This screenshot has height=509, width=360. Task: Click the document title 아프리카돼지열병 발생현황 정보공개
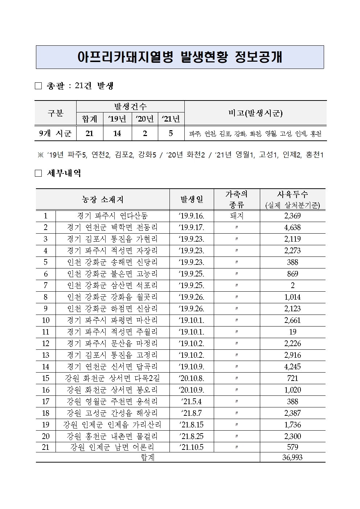coord(180,57)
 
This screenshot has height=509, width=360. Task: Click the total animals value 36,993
coord(292,457)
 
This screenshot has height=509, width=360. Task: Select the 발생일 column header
coord(192,199)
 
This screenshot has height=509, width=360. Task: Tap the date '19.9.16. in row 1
coord(192,216)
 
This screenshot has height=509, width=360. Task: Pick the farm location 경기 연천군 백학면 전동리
coord(112,227)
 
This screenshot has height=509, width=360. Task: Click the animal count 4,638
coord(292,227)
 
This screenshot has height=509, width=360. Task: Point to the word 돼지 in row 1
coord(237,216)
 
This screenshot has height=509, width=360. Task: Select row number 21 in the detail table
coord(45,447)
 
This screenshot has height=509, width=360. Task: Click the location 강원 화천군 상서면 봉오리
coord(112,390)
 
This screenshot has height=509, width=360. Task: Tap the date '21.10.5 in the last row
coord(192,447)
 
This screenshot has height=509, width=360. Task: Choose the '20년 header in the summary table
coord(145,119)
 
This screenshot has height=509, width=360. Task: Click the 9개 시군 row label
coord(56,134)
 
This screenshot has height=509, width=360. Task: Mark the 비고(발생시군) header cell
coord(255,113)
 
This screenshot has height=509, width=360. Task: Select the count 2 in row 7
coord(292,286)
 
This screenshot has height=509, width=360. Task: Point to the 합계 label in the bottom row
coord(148,457)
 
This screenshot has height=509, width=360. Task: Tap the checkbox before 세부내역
coord(38,173)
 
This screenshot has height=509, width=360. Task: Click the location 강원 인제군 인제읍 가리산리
coord(112,425)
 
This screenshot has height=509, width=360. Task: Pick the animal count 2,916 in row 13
coord(292,355)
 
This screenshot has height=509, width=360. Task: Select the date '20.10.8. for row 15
coord(192,378)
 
